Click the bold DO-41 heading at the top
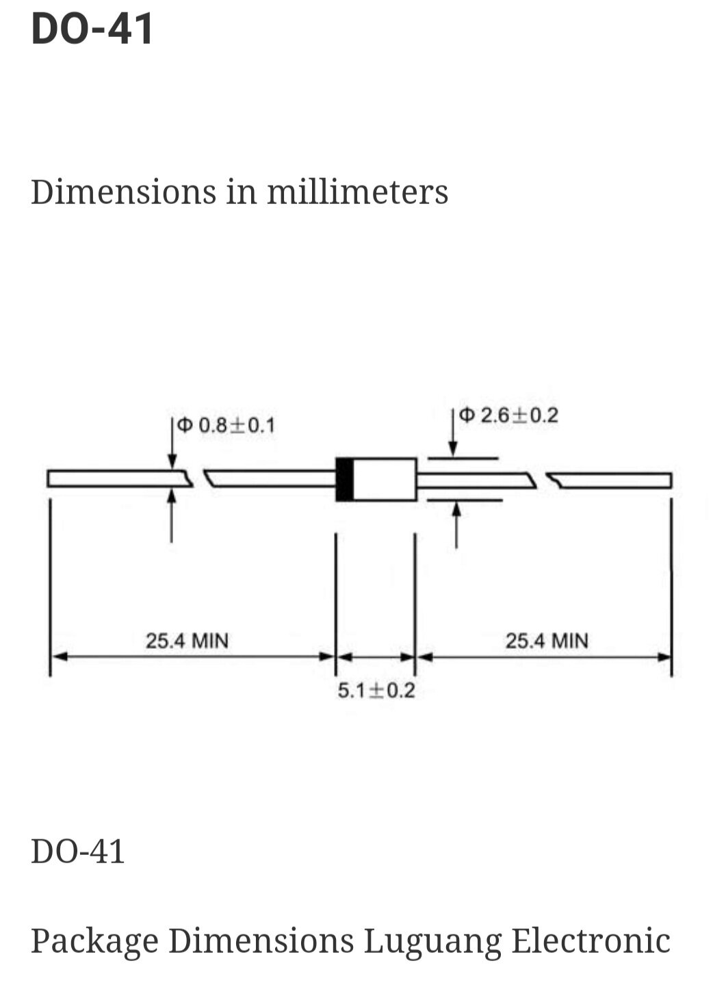[92, 29]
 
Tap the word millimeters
[357, 192]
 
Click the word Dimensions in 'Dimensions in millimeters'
[124, 192]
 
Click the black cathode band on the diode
[345, 479]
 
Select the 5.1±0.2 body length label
[376, 691]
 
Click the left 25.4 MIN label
[187, 641]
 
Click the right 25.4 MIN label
[547, 641]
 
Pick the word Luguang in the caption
[432, 941]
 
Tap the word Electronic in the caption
[591, 941]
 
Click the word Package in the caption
[94, 941]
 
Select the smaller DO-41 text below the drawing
[78, 852]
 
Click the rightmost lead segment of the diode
[612, 481]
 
